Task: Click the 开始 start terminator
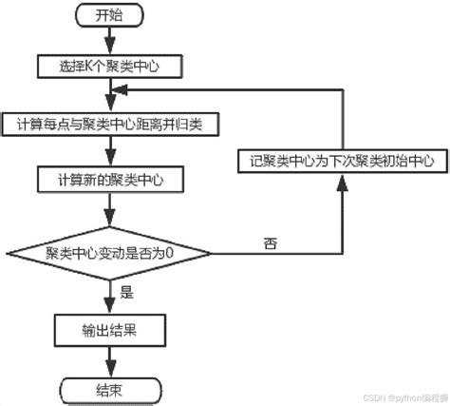(x=110, y=16)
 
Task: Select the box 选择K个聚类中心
(x=110, y=67)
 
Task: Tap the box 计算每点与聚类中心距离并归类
(x=110, y=124)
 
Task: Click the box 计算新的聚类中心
(x=110, y=179)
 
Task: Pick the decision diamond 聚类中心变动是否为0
(x=110, y=253)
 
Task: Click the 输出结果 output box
(x=110, y=330)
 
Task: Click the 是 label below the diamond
(x=127, y=294)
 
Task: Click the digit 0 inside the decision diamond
(x=177, y=253)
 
